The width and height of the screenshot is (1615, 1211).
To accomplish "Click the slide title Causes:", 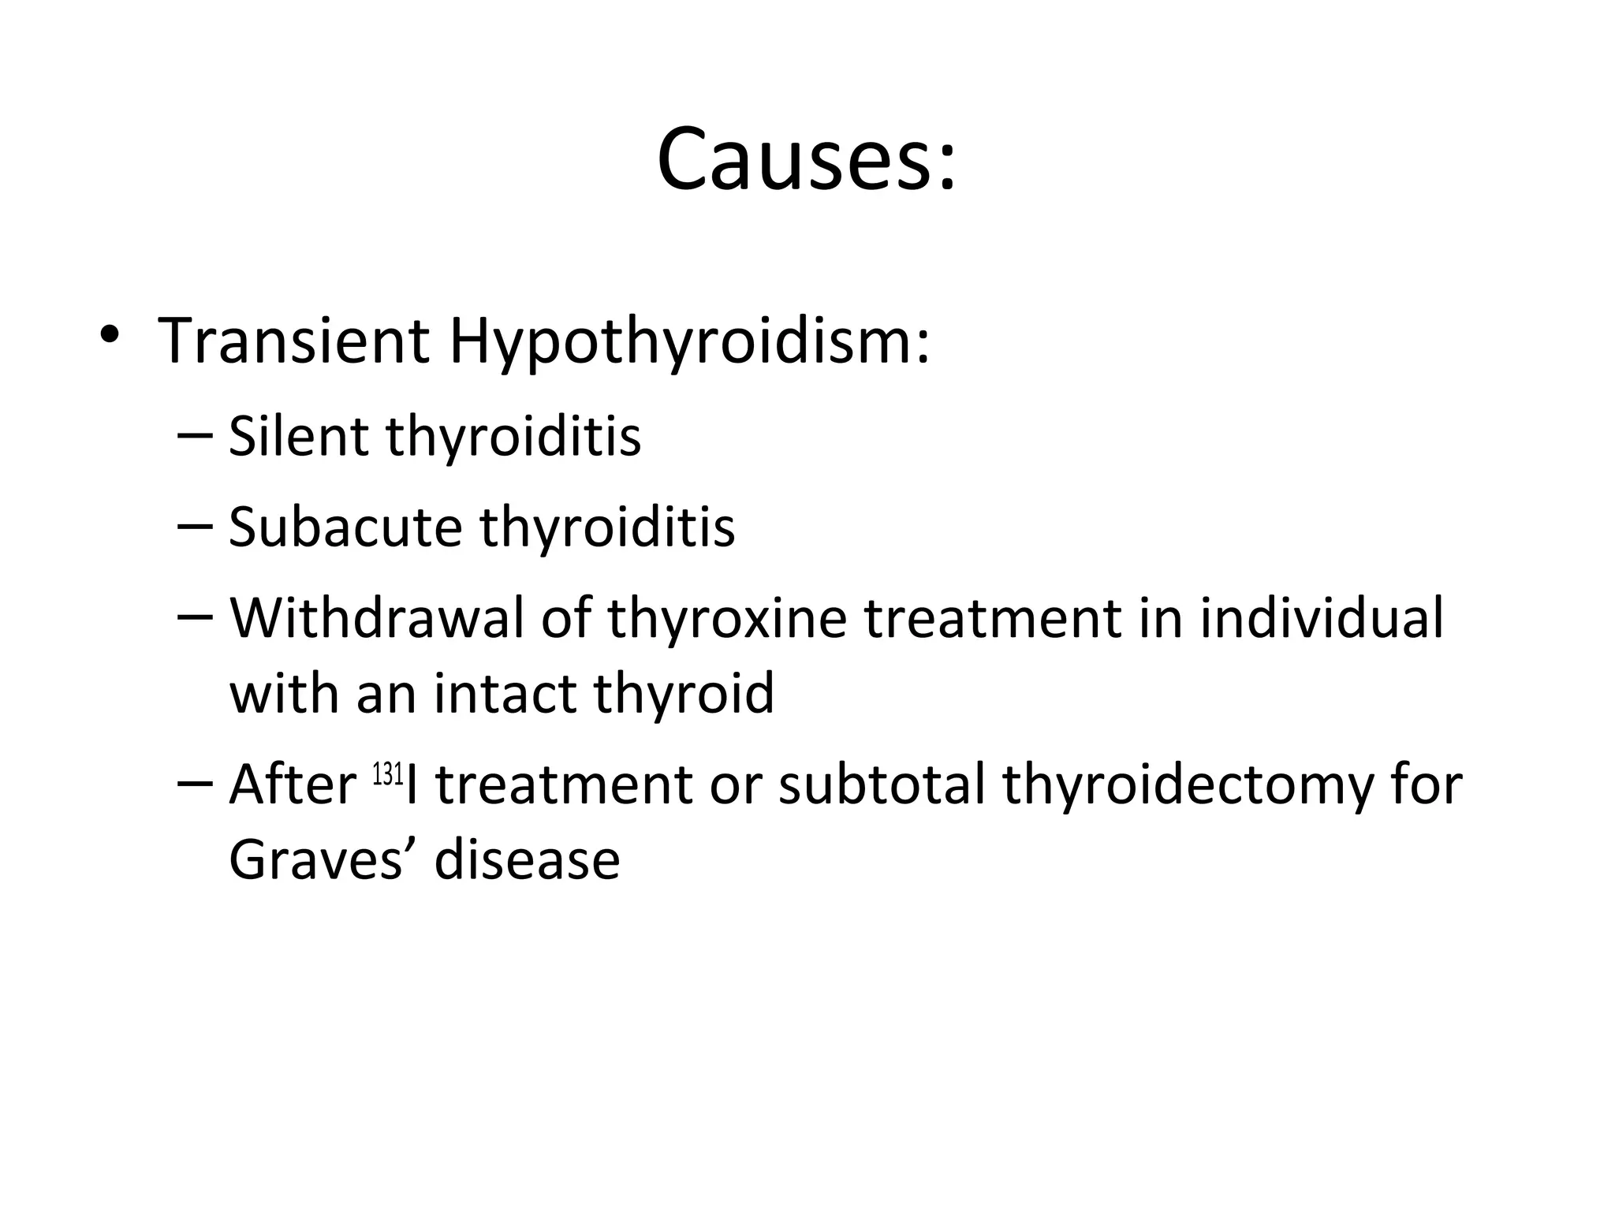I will coord(806,159).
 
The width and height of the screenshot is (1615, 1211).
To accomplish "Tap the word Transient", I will coord(293,341).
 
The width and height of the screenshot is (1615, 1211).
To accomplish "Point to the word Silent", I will coord(297,435).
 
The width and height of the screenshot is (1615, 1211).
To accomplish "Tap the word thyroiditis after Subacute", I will coord(607,527).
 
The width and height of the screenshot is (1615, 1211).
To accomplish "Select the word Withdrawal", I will coord(376,618).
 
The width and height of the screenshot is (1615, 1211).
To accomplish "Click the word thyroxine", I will coord(726,618).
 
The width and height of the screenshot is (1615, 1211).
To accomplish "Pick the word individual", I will coord(1322,618).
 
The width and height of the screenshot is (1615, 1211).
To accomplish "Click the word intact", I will coord(503,693).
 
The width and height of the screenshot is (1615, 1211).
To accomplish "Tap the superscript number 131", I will coord(388,774).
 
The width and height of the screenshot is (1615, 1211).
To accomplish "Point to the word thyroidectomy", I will coord(1187,786).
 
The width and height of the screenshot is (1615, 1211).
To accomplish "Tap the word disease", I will coord(527,859).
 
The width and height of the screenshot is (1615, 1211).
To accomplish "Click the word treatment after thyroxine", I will coord(992,618).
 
